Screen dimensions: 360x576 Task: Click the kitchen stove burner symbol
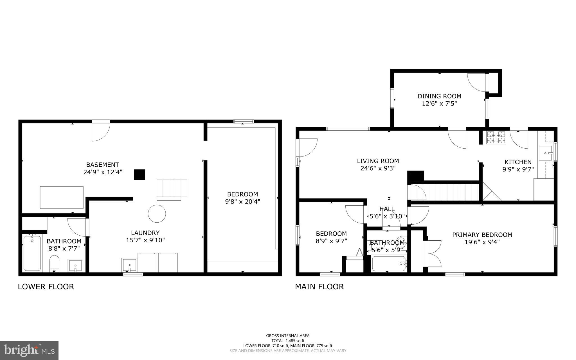click(496, 137)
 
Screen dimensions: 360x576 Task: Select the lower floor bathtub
click(32, 253)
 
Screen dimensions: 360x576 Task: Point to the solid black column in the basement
click(139, 175)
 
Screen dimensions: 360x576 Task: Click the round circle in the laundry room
click(157, 214)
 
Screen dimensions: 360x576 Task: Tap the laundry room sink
click(129, 265)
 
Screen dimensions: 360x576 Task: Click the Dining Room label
click(439, 96)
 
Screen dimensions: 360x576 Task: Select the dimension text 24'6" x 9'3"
click(378, 168)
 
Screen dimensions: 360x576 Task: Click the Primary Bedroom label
click(482, 235)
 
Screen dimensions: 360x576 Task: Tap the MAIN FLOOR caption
click(319, 287)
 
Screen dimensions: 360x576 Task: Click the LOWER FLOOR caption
click(46, 287)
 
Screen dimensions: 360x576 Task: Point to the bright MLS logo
click(29, 350)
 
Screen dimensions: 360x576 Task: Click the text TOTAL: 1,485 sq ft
click(288, 341)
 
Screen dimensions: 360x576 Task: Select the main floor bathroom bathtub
click(388, 263)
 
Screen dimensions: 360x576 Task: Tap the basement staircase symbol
click(172, 189)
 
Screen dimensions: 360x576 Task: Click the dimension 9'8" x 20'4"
click(242, 202)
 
